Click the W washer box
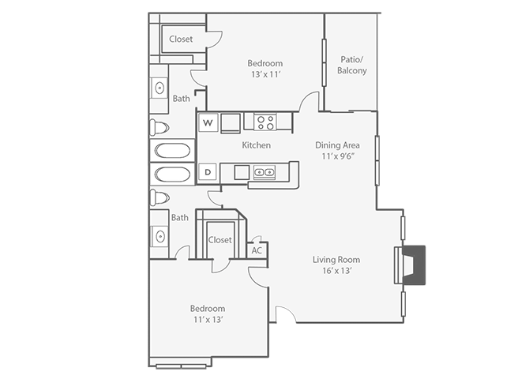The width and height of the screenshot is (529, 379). pos(208,122)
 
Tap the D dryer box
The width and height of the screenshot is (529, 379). pos(208,171)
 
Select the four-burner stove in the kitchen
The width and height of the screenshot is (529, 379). pos(265,122)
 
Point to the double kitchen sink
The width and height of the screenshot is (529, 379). pos(264,171)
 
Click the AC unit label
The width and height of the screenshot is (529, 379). pos(256,250)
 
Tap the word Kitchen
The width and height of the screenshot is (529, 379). pos(256,145)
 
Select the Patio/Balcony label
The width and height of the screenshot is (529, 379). pos(351,65)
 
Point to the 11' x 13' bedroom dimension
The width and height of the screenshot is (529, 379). pos(207,319)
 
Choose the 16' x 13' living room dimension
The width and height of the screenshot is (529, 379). pos(336,271)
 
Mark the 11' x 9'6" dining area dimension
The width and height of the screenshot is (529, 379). pos(337,156)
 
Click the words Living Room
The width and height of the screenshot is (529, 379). pos(336,260)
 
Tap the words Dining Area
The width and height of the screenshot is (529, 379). pos(337,144)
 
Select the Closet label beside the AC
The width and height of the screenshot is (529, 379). pos(219,240)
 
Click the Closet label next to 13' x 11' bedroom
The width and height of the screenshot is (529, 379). pos(181,39)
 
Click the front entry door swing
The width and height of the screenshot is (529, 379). pos(283,314)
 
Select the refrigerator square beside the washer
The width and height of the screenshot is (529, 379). pos(231,122)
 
